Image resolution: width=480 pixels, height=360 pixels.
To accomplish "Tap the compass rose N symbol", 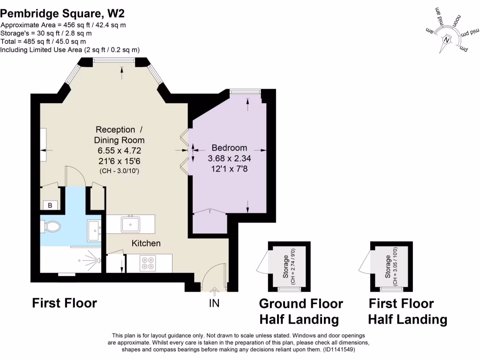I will [x=447, y=41].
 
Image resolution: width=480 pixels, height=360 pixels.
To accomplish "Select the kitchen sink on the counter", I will [x=131, y=224].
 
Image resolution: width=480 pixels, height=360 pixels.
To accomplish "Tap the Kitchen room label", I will [x=146, y=243].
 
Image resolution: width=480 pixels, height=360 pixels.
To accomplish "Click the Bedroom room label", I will [x=229, y=148].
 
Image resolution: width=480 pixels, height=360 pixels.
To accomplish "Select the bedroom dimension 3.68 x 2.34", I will [x=229, y=158].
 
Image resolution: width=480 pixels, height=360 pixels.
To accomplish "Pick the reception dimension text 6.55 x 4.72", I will [x=119, y=150].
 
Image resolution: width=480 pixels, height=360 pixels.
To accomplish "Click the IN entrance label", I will [x=214, y=303].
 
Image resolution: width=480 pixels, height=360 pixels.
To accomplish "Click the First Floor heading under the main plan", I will [x=64, y=303].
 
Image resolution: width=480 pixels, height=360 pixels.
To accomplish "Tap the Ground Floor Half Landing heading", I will [x=301, y=312].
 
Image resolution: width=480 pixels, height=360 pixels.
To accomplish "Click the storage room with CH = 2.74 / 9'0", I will [x=289, y=267].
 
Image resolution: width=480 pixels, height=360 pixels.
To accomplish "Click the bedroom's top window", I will [x=245, y=91].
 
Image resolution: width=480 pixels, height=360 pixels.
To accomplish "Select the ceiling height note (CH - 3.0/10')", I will [x=119, y=171].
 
